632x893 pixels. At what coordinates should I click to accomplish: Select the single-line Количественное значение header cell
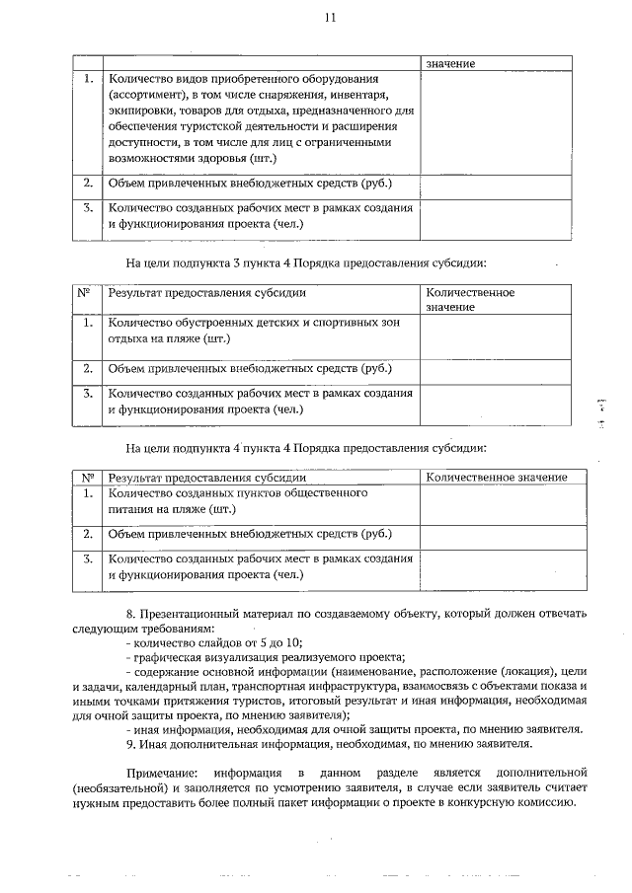point(496,478)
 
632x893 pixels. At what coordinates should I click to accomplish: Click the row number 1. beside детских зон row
point(88,323)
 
